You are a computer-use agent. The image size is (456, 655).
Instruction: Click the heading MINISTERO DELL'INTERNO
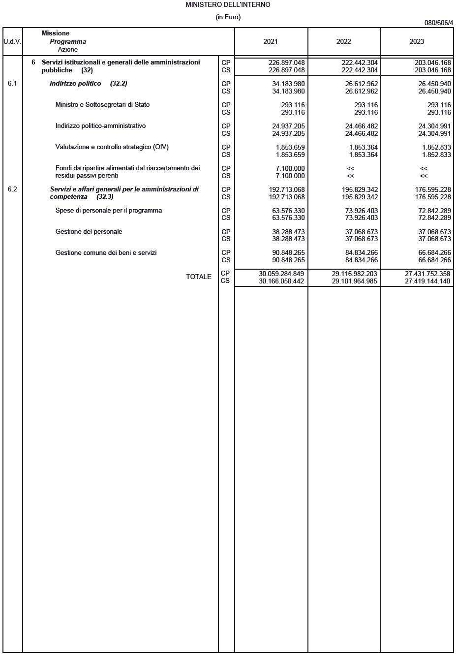pyautogui.click(x=228, y=4)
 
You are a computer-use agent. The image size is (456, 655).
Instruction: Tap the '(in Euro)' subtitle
pyautogui.click(x=228, y=17)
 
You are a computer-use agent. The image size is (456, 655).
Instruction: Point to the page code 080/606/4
pyautogui.click(x=438, y=23)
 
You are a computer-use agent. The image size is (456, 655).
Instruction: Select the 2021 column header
pyautogui.click(x=271, y=42)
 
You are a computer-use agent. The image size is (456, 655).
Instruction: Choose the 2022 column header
pyautogui.click(x=343, y=42)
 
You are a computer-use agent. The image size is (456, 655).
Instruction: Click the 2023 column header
pyautogui.click(x=417, y=42)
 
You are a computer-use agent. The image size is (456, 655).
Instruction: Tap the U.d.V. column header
pyautogui.click(x=12, y=42)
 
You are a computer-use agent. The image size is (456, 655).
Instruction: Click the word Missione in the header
pyautogui.click(x=56, y=33)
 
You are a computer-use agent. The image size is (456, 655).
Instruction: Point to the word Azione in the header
pyautogui.click(x=68, y=50)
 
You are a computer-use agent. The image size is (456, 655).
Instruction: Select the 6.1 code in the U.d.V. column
pyautogui.click(x=12, y=84)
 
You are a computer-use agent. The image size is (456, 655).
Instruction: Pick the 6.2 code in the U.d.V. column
pyautogui.click(x=12, y=189)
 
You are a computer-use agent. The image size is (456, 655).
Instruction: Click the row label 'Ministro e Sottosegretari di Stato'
pyautogui.click(x=102, y=105)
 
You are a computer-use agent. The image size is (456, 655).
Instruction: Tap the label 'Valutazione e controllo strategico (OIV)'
pyautogui.click(x=112, y=147)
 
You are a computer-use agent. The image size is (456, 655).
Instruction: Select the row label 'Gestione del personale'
pyautogui.click(x=89, y=232)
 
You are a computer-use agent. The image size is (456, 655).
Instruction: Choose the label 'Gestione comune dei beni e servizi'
pyautogui.click(x=106, y=253)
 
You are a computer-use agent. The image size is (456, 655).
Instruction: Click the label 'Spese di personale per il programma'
pyautogui.click(x=108, y=211)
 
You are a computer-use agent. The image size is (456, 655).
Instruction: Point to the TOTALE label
pyautogui.click(x=198, y=277)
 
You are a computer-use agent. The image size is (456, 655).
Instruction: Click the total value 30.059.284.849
pyautogui.click(x=281, y=274)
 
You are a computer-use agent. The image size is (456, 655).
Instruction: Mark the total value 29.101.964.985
pyautogui.click(x=354, y=281)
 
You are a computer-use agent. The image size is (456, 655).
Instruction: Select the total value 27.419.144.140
pyautogui.click(x=427, y=281)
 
